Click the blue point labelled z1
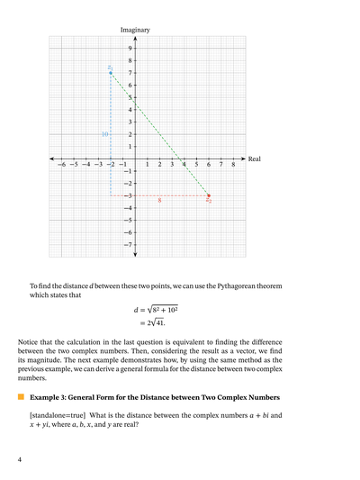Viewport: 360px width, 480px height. [111, 72]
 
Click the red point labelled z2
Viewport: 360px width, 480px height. [209, 195]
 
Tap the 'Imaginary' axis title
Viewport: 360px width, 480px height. [135, 30]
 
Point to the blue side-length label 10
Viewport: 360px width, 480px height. [105, 134]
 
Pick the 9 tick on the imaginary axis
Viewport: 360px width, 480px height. [130, 48]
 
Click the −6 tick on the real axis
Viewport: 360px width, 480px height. [61, 166]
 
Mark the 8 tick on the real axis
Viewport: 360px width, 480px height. [233, 166]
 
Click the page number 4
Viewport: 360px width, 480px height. [20, 460]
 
